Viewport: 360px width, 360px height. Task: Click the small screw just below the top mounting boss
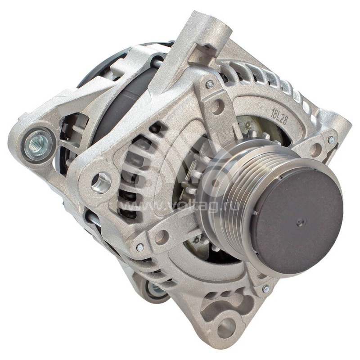click(x=209, y=84)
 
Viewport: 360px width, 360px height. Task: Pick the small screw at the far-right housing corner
click(x=331, y=139)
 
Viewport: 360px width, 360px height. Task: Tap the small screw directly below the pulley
click(x=266, y=289)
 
